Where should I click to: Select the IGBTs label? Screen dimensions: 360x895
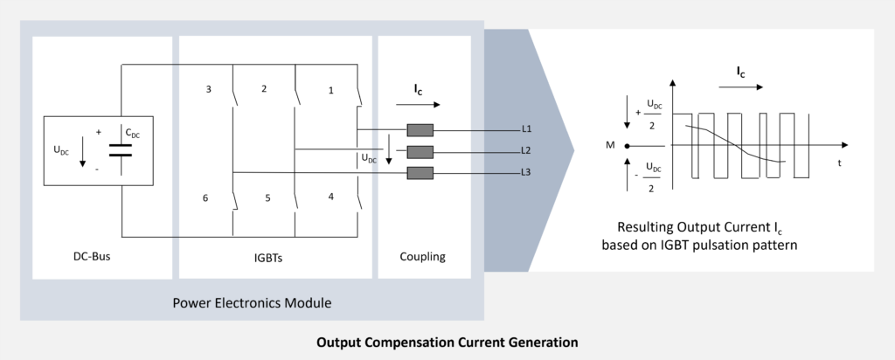[x=275, y=257]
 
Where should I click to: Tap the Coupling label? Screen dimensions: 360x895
[x=423, y=257]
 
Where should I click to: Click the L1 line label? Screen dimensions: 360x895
[x=526, y=129]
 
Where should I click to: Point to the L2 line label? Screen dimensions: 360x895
[x=526, y=150]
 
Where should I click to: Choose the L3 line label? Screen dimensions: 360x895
[x=526, y=171]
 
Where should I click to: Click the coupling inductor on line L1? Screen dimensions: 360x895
[x=420, y=130]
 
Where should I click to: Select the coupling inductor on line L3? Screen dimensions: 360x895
[x=420, y=172]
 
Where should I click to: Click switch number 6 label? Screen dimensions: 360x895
[x=205, y=198]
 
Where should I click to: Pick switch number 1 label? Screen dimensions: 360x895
[x=330, y=89]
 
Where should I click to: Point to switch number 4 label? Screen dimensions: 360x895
[x=330, y=197]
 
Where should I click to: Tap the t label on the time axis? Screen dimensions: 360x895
[x=839, y=163]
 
